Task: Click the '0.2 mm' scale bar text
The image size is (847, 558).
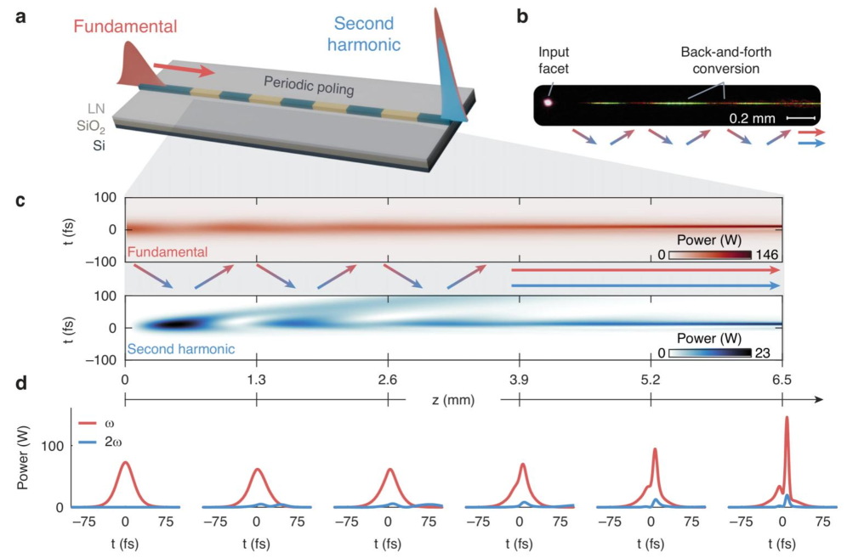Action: [751, 118]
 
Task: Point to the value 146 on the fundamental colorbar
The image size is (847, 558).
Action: [768, 255]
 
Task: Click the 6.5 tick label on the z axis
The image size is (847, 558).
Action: [782, 380]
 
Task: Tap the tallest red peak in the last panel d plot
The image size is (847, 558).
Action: [787, 419]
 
